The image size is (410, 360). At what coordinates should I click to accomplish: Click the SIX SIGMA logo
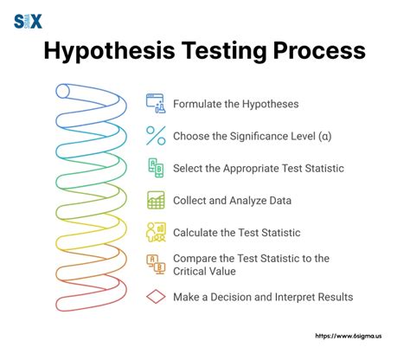coord(29,18)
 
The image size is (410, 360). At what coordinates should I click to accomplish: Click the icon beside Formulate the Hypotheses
coord(156,104)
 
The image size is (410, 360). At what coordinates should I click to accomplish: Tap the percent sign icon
coord(156,136)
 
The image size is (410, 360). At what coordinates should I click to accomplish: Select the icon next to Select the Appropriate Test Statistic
coord(156,168)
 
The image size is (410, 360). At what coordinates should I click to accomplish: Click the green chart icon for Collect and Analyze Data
coord(156,200)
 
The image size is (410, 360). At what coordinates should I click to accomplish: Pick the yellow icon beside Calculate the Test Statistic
coord(156,232)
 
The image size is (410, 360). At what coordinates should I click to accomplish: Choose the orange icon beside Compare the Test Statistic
coord(156,264)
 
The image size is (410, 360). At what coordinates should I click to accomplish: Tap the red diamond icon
coord(156,297)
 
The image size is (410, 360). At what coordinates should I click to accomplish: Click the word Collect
coord(191,200)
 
